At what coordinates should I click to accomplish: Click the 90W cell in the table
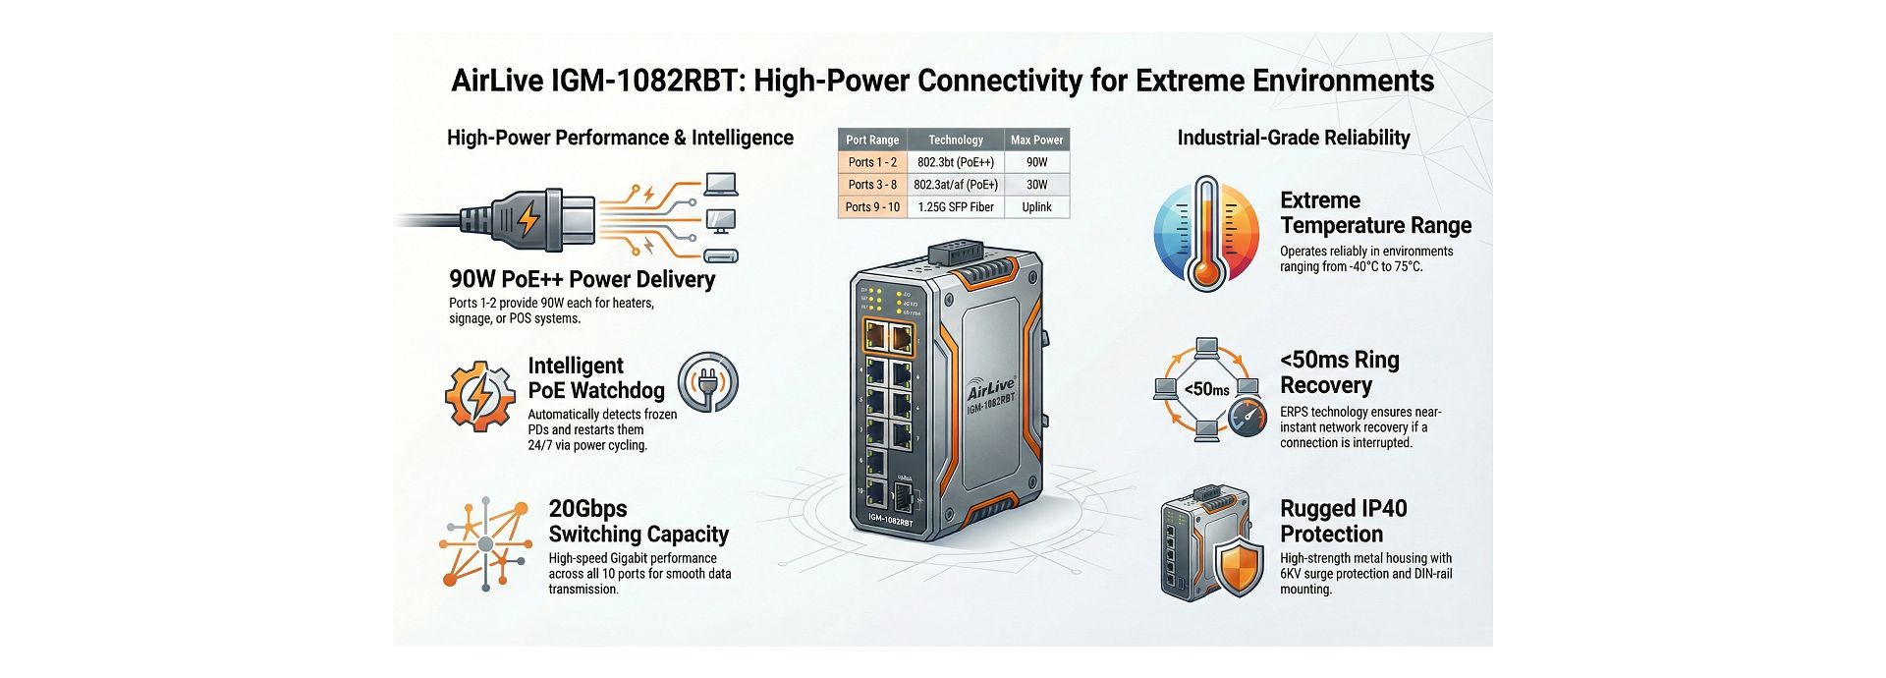tap(1036, 162)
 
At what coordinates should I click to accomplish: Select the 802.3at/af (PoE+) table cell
tap(955, 185)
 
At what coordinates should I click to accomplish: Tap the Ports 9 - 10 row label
tap(872, 207)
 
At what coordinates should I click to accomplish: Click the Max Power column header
tap(1036, 140)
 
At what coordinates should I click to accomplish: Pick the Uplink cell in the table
tap(1036, 207)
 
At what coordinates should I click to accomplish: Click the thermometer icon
tap(1206, 234)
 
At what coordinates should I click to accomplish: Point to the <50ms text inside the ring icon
tap(1206, 389)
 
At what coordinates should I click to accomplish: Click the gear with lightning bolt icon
tap(479, 395)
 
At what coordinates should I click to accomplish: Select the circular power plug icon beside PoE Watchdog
tap(707, 382)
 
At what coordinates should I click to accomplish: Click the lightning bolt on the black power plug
tap(528, 218)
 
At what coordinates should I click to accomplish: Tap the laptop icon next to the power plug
tap(721, 184)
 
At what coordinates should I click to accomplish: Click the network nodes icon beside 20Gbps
tap(484, 544)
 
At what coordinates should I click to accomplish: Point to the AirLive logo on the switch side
tap(990, 387)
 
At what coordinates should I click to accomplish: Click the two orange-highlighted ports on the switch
tap(888, 338)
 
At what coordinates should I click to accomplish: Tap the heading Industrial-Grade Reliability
tap(1293, 138)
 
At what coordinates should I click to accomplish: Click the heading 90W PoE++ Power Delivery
tap(582, 279)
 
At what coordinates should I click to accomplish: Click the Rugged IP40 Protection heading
tap(1343, 521)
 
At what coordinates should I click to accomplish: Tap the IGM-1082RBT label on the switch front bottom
tap(890, 519)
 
